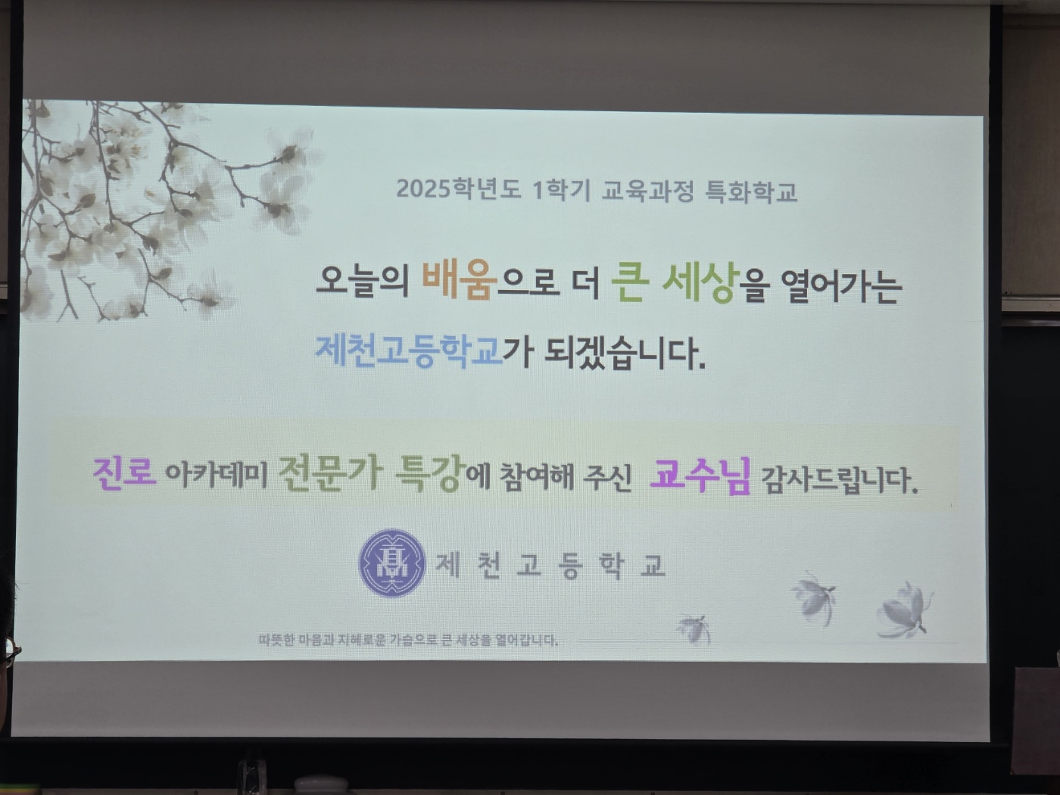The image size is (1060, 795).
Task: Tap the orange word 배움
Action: [460, 282]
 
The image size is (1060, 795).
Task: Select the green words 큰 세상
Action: [675, 284]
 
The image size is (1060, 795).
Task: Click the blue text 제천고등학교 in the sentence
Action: [409, 351]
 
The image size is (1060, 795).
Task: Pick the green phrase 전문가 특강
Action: [373, 475]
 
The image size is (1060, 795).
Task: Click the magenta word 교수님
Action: [700, 476]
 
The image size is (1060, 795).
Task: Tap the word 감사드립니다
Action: [840, 480]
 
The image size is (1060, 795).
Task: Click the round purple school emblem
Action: [391, 563]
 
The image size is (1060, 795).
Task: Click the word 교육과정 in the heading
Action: [647, 191]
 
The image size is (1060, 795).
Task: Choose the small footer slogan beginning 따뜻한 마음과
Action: [408, 641]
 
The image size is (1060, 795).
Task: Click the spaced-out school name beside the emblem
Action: [550, 565]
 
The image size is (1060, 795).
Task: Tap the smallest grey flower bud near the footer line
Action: [695, 630]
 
